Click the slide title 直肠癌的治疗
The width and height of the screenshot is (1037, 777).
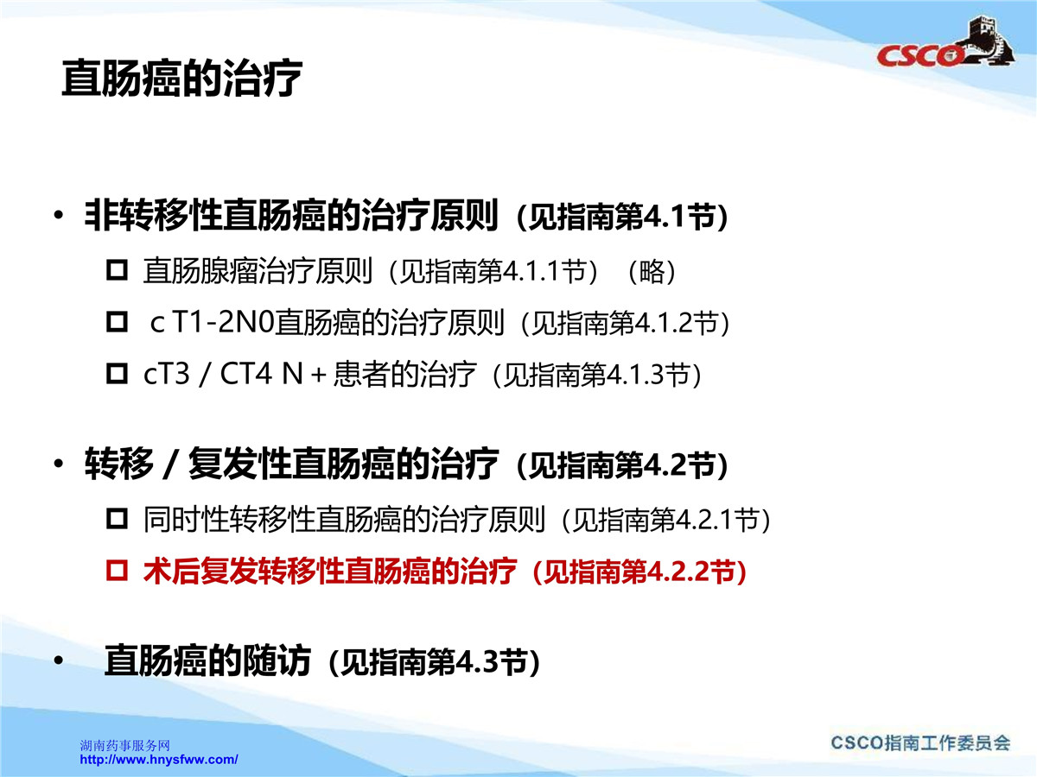pos(181,79)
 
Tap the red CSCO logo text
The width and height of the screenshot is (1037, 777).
pos(919,55)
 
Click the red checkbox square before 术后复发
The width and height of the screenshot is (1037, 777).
pos(117,571)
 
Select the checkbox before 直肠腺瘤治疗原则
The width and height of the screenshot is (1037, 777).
pos(117,270)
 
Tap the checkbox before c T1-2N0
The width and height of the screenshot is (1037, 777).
pos(117,322)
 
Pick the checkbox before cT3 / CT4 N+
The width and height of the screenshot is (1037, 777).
pos(117,374)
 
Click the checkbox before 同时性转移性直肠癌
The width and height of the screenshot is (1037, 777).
pos(117,519)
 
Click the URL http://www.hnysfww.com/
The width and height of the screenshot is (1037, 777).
pos(159,760)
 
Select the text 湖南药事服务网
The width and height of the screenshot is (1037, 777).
pos(124,745)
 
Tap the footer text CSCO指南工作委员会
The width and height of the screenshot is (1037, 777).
pos(920,743)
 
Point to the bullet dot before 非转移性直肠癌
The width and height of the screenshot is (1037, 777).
pos(59,215)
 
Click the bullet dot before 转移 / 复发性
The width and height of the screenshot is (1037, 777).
pos(59,464)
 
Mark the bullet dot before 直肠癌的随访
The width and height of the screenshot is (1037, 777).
pos(59,660)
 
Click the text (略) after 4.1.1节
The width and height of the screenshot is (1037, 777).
pos(652,271)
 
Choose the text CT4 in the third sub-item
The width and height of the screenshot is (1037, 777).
pos(245,374)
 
